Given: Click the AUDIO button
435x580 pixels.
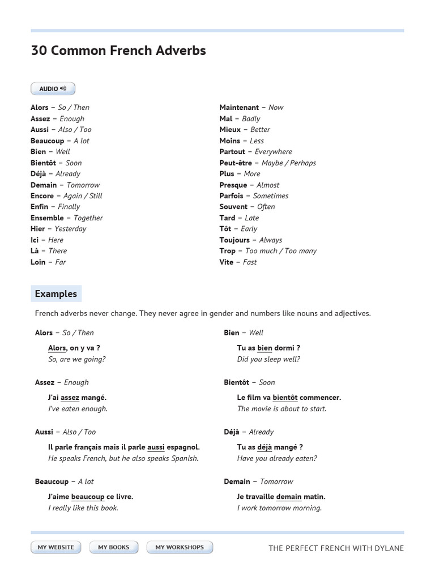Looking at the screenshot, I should click(53, 89).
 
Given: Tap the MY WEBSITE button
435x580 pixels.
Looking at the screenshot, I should click(56, 547).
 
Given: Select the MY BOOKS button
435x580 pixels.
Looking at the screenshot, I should click(113, 547).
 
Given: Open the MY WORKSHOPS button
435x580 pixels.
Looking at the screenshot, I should click(180, 547).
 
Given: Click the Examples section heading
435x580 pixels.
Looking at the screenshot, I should click(56, 293).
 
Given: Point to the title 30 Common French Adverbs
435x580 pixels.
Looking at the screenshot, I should click(118, 50).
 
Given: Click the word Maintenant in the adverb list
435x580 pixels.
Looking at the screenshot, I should click(239, 107).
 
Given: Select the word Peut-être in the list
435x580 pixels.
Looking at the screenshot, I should click(236, 163).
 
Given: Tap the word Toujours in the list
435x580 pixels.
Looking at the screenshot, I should click(234, 240).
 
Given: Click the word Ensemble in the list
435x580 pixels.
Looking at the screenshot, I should click(47, 217).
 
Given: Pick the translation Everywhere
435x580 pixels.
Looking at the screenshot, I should click(274, 152).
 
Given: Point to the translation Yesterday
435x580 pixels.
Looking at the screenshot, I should click(70, 229).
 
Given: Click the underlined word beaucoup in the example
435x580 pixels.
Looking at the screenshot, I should click(88, 497).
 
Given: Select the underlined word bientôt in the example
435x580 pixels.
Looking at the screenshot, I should click(285, 398).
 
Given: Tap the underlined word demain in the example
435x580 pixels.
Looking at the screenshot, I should click(289, 497).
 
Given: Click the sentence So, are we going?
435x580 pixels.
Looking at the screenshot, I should click(77, 359).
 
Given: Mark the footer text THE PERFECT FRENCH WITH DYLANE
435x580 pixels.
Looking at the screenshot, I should click(336, 548).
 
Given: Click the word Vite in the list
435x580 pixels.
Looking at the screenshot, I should click(227, 262).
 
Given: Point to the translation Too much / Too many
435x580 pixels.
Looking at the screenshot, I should click(281, 251).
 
